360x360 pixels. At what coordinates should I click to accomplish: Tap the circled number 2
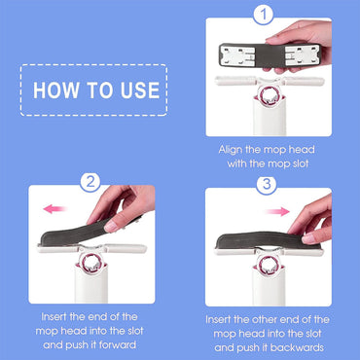click(x=90, y=181)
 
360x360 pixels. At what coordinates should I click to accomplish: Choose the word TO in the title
click(x=99, y=90)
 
